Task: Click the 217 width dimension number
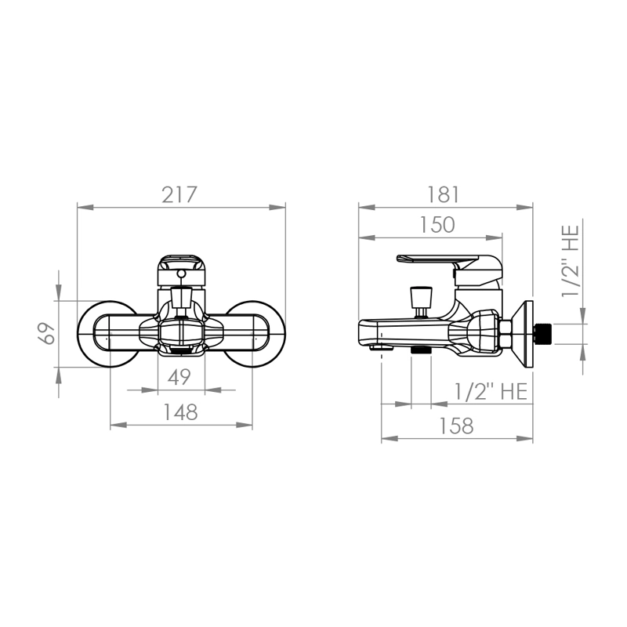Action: [x=179, y=195]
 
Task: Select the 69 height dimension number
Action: [x=47, y=332]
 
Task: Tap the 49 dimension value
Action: [x=179, y=377]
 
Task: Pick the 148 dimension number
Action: [x=181, y=412]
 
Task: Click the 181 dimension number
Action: [x=444, y=195]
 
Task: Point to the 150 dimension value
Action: [x=437, y=225]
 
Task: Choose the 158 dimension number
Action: [x=456, y=426]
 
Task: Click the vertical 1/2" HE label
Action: [x=571, y=261]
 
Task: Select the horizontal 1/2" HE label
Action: [x=491, y=391]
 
